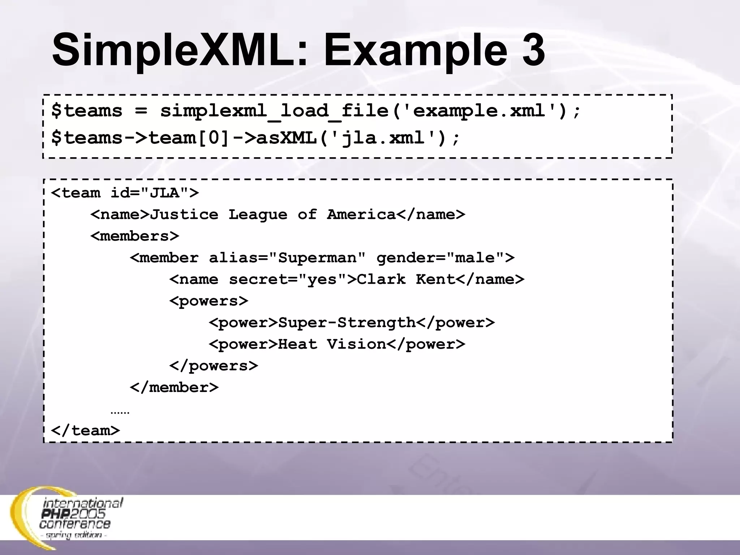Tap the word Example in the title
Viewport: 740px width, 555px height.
pyautogui.click(x=416, y=51)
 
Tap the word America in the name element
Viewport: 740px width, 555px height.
pyautogui.click(x=361, y=215)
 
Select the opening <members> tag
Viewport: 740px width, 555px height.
pyautogui.click(x=135, y=236)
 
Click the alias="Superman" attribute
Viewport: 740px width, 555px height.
pyautogui.click(x=287, y=258)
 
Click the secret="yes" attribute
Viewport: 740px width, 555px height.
pyautogui.click(x=288, y=280)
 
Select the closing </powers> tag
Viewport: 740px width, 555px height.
pyautogui.click(x=214, y=366)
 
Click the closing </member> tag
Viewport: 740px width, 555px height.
pyautogui.click(x=174, y=388)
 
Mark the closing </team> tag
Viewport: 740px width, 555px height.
pyautogui.click(x=85, y=431)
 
